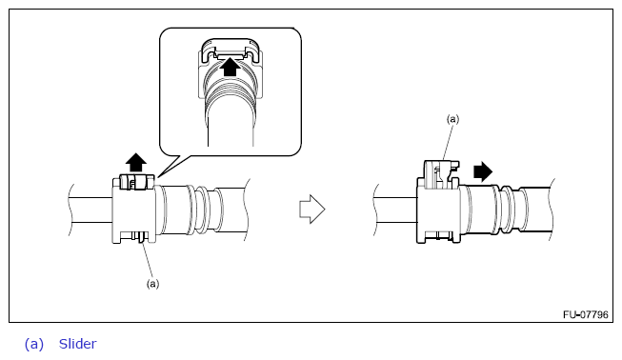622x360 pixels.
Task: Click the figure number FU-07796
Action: click(x=585, y=314)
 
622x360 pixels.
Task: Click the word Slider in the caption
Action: click(x=77, y=344)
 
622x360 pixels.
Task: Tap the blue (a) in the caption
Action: click(x=34, y=344)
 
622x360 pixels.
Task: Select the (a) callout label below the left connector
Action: click(x=152, y=284)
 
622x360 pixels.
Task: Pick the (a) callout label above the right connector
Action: click(x=452, y=119)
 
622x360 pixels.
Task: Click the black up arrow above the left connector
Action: click(x=136, y=162)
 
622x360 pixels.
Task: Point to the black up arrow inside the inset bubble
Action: click(x=231, y=67)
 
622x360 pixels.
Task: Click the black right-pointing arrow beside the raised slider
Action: click(x=483, y=171)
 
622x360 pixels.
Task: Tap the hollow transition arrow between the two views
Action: click(x=312, y=209)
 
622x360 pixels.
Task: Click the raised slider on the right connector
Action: click(x=440, y=174)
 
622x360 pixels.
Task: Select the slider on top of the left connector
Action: click(x=136, y=182)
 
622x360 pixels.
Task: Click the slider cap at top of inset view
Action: click(x=231, y=50)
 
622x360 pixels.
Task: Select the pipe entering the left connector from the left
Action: click(x=90, y=210)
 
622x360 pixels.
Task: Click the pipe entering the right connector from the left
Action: click(x=395, y=210)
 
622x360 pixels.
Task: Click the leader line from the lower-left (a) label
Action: click(x=148, y=260)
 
